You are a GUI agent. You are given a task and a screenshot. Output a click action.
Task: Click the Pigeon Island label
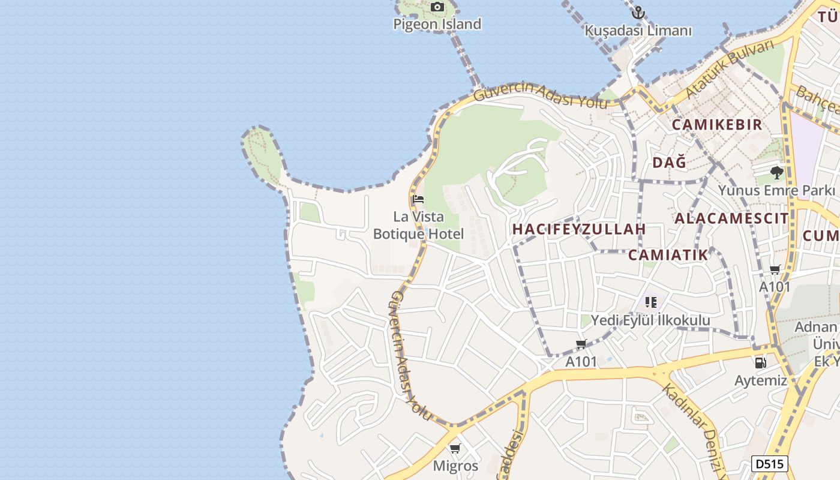437,24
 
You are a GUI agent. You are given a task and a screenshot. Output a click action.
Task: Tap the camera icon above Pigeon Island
437,7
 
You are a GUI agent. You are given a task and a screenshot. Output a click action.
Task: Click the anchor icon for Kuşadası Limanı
638,12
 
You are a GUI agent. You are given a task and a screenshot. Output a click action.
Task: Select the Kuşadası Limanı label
638,31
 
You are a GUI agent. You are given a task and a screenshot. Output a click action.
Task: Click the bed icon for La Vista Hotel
418,199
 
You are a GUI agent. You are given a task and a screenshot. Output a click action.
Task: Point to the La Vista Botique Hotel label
418,225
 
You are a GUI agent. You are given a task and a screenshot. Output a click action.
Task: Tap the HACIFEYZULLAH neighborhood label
579,229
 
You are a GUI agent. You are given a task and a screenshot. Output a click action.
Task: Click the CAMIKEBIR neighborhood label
716,125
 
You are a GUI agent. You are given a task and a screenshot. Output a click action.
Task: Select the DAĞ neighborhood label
669,163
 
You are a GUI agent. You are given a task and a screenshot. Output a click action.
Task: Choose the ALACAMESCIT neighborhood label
731,218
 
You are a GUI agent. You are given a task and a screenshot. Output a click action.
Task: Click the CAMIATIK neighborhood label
668,255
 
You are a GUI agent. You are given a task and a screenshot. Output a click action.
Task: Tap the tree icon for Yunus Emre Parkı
777,173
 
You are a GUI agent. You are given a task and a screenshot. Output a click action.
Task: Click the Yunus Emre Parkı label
777,191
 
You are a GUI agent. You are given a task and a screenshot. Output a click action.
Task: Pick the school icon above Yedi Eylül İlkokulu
651,302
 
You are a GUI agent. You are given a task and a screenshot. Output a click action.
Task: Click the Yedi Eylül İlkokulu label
650,320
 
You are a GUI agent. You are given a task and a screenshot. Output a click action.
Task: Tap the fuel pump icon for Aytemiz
760,362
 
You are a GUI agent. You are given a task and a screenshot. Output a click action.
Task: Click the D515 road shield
769,464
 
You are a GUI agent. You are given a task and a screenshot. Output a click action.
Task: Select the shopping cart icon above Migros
455,448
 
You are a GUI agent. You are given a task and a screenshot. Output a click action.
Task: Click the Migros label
455,466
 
